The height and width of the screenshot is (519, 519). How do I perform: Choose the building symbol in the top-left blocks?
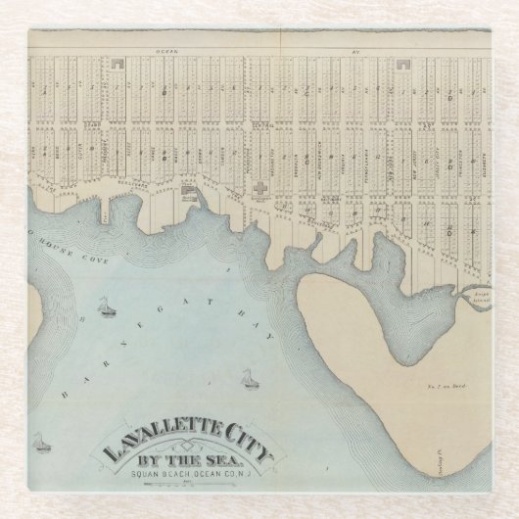pos(119,64)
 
